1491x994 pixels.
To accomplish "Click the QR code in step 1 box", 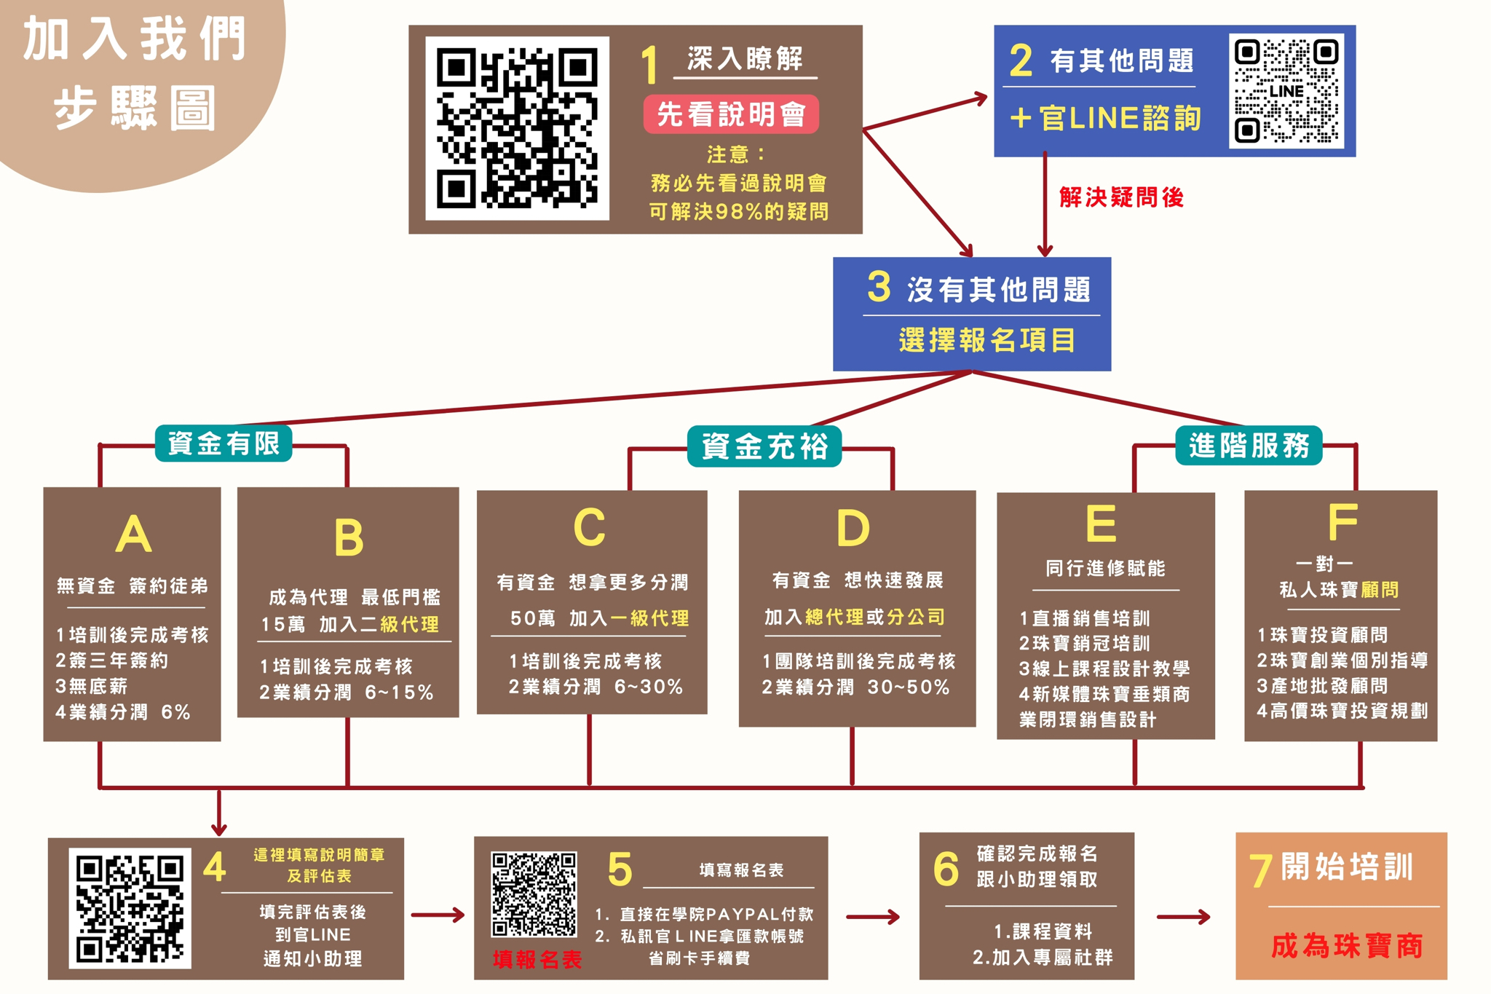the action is [x=517, y=128].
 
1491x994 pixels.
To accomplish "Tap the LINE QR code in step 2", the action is [x=1286, y=91].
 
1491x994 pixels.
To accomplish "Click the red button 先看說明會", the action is [x=731, y=114].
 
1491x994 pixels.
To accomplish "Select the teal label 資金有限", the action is [x=224, y=443].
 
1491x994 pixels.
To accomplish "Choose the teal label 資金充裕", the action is [x=764, y=446].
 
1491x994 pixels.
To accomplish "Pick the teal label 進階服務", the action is [x=1249, y=446].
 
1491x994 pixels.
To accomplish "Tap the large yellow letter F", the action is [x=1342, y=521].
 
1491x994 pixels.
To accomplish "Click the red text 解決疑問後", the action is [x=1121, y=197].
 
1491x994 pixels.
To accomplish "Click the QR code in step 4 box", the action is [x=130, y=907].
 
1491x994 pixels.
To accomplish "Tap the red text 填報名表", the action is [x=537, y=960].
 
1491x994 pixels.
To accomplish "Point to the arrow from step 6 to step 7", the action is [x=1183, y=917].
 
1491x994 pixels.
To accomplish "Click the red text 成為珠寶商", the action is [x=1347, y=946].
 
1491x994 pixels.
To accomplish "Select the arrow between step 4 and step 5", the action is [x=438, y=915].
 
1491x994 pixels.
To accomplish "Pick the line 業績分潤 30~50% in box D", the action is [x=855, y=687].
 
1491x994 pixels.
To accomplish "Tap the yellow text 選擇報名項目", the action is [x=986, y=340].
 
